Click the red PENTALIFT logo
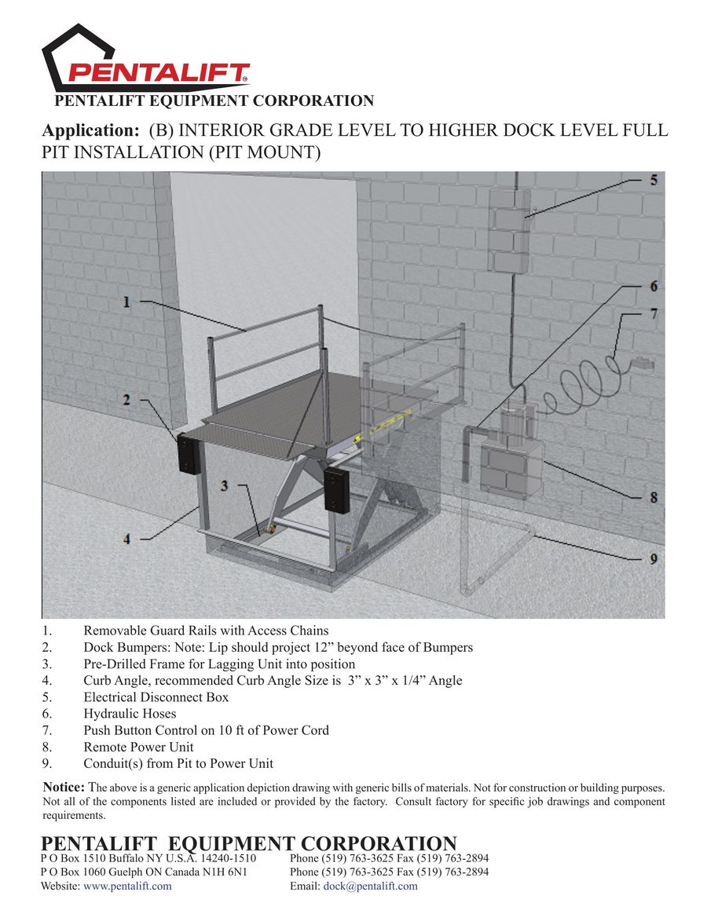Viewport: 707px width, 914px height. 157,74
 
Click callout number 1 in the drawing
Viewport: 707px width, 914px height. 126,301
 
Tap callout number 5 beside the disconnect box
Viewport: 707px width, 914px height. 653,180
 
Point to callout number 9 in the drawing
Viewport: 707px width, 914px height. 654,558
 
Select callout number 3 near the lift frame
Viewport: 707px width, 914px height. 225,486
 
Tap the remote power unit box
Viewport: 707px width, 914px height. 511,466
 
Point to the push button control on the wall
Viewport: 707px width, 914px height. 643,364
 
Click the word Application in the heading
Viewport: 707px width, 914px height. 90,130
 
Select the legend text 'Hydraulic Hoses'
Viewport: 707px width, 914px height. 130,714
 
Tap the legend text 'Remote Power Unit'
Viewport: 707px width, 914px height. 138,747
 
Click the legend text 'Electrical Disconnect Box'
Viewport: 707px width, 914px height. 156,697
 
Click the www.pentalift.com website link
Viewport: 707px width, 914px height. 127,886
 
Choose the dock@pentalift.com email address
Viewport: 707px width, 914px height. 371,886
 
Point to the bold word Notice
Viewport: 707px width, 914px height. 63,787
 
